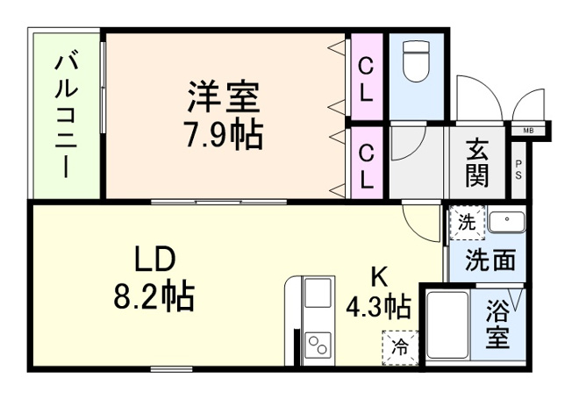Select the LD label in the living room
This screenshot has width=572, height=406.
[x=155, y=260]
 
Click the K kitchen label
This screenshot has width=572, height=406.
[x=378, y=276]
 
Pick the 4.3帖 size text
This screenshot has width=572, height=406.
[x=378, y=307]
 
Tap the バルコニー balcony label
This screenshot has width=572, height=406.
[x=65, y=115]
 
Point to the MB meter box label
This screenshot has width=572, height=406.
[x=529, y=132]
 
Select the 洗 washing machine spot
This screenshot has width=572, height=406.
[x=467, y=223]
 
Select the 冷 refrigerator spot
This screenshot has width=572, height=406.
[x=400, y=347]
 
